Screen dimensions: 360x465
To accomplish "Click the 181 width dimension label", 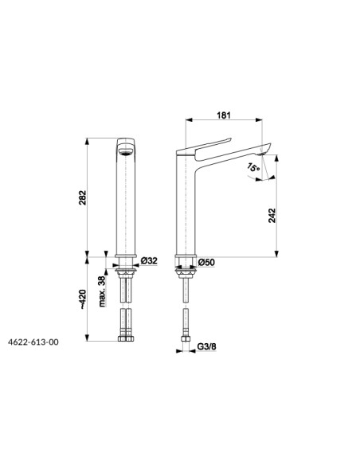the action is point(224,115).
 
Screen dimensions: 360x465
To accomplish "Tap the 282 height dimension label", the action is point(82,197).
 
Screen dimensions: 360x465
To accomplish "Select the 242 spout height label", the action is point(272,216).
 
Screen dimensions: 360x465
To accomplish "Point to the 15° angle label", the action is point(253,167).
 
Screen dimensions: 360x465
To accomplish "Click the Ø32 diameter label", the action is point(149,260).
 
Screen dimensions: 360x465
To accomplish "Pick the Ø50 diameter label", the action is point(206,262).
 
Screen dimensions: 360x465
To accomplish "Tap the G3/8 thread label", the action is point(207,346).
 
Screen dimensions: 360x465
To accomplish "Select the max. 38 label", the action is point(102,291).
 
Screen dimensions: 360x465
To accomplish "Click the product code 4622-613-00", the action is point(33,342).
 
